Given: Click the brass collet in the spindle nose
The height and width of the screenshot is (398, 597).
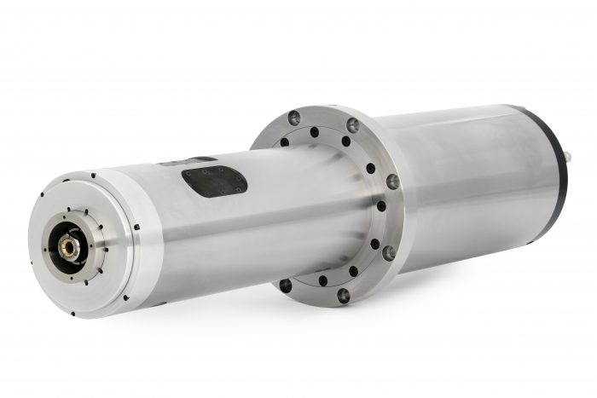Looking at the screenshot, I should point(68,246).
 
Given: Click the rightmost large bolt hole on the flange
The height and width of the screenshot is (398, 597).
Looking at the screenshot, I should point(392,182).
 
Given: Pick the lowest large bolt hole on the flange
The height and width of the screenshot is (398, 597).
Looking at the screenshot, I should point(344,296).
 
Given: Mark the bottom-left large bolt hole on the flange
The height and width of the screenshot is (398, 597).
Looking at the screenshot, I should point(286,286).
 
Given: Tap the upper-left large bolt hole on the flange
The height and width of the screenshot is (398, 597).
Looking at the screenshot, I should point(294,118).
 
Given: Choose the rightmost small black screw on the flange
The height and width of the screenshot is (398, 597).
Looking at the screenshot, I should point(381,205).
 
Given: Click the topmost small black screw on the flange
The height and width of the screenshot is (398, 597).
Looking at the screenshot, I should point(315,132).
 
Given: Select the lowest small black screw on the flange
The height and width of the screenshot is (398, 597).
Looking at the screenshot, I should point(322,280).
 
